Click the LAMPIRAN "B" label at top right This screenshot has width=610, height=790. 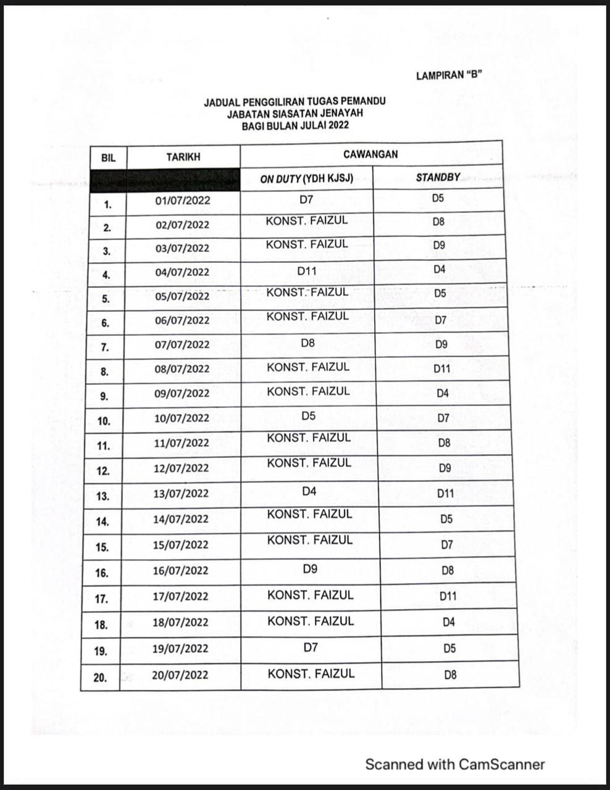pos(448,76)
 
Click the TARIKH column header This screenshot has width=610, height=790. pos(183,157)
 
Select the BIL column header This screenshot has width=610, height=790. pos(108,157)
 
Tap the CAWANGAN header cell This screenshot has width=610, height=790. pos(370,154)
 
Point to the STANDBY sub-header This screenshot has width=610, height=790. pos(438,177)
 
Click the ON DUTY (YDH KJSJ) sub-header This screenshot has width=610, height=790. pos(306,179)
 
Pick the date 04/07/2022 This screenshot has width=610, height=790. pos(182,272)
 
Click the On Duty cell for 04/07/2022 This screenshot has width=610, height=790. pos(307,270)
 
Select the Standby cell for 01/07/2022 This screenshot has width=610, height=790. pos(438,199)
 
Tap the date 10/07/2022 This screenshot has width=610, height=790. pos(182,418)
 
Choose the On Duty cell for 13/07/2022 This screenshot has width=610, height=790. pos(309,491)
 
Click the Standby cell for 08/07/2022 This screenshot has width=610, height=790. pos(441,369)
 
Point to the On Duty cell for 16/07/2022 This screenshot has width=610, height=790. pos(311,568)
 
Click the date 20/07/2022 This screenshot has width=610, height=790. pos(180,675)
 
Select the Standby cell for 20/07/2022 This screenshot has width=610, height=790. pos(450,675)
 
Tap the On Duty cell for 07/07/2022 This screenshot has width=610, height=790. pos(308,343)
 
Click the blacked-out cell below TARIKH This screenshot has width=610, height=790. pos(164,180)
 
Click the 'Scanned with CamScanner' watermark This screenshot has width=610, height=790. pos(454,765)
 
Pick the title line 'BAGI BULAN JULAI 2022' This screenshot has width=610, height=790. pos(295,125)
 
